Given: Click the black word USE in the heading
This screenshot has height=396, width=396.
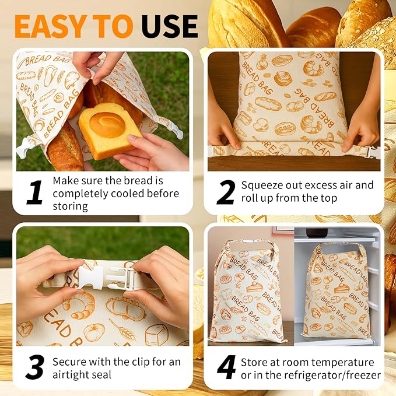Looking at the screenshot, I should point(169,26).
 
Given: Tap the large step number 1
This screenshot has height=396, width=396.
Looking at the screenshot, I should point(34,192).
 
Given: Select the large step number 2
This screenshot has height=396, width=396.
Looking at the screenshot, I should point(226,192).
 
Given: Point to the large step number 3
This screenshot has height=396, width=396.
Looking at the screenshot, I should point(34,367).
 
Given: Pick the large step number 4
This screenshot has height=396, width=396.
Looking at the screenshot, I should point(226,367).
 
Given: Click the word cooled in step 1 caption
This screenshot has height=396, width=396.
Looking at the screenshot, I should point(120,193).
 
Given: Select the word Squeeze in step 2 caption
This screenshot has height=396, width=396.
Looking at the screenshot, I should point(262,185).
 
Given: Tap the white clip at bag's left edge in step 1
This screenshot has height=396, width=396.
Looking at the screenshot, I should point(23,148).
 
